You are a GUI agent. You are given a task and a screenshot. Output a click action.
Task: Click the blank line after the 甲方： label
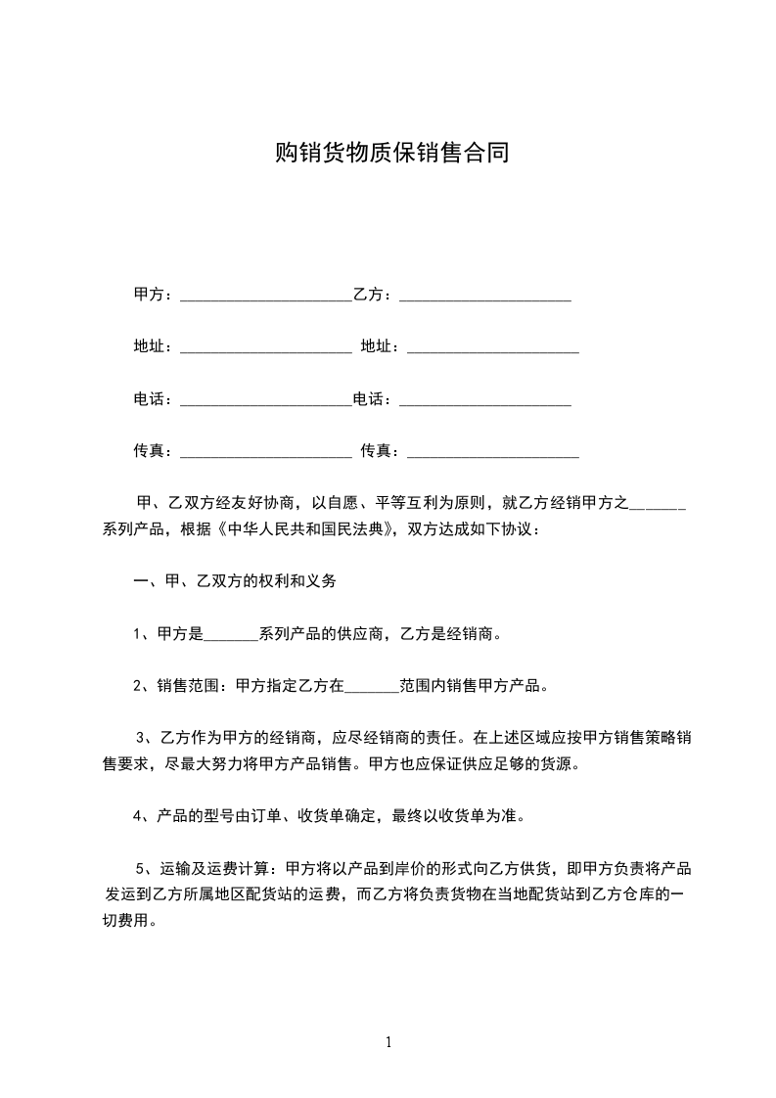[265, 295]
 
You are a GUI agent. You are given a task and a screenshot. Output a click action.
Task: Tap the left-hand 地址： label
[153, 346]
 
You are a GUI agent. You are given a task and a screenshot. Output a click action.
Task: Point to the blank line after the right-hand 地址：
[492, 347]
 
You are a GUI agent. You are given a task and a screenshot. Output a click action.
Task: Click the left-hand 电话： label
[153, 399]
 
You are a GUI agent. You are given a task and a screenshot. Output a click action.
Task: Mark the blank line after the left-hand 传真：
[265, 453]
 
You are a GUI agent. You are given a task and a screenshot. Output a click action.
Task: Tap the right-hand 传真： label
[380, 451]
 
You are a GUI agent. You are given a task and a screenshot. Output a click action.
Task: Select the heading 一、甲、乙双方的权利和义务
[235, 581]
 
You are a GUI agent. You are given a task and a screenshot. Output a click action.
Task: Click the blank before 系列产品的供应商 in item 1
[230, 635]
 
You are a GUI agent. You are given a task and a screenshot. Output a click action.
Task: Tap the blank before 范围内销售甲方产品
[373, 688]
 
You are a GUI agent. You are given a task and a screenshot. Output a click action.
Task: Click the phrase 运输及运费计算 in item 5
[217, 868]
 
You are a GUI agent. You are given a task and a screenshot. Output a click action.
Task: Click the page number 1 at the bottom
[388, 1042]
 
